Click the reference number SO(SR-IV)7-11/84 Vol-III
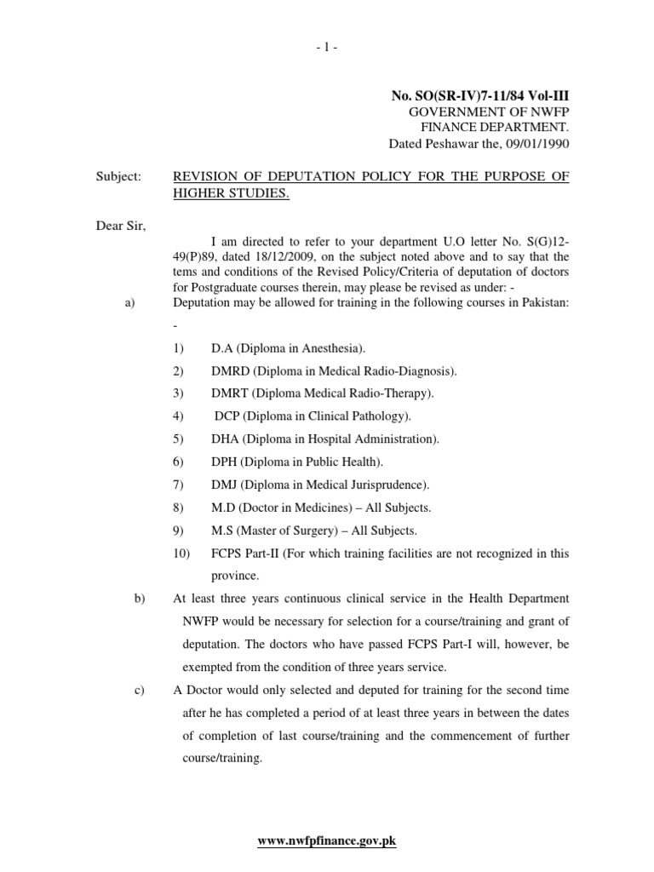click(490, 99)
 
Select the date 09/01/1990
click(535, 144)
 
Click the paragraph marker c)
click(141, 691)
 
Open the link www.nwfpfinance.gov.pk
click(327, 841)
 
